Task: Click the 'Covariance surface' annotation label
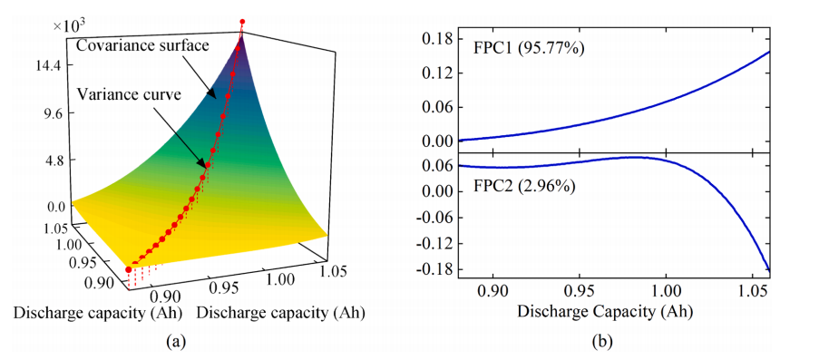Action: point(142,45)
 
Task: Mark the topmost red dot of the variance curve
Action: point(243,22)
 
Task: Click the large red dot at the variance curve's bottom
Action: point(129,269)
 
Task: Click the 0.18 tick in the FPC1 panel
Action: point(434,39)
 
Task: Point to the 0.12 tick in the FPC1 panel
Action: point(434,73)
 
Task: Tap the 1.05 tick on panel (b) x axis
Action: point(752,291)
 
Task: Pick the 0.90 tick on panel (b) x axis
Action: point(493,291)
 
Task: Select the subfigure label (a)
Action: point(176,342)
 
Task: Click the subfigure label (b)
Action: point(601,342)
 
